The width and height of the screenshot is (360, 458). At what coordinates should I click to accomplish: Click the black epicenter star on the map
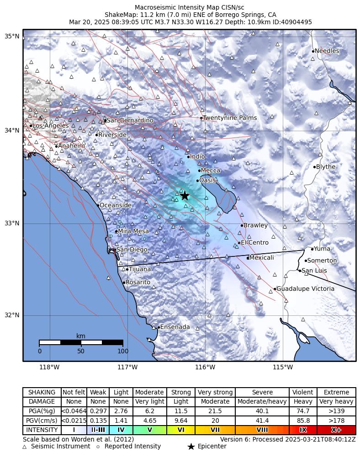[x=184, y=196]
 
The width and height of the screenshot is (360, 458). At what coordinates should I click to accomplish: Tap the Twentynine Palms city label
[x=229, y=118]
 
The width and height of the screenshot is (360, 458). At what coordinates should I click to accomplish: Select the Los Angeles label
[x=50, y=126]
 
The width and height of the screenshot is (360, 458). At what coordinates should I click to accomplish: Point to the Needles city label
[x=327, y=51]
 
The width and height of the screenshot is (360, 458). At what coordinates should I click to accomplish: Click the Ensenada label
[x=175, y=327]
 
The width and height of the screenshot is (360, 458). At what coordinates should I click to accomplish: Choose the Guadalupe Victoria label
[x=305, y=289]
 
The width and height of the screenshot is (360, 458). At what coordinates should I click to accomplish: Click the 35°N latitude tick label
[x=12, y=37]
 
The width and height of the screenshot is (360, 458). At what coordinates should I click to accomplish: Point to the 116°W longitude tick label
[x=205, y=367]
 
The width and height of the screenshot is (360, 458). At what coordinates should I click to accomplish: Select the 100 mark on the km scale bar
[x=123, y=351]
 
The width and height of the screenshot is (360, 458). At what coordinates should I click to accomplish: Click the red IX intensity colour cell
[x=303, y=430]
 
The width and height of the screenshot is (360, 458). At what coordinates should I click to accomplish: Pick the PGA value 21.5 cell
[x=215, y=411]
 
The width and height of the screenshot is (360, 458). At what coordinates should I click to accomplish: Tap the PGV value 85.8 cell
[x=303, y=421]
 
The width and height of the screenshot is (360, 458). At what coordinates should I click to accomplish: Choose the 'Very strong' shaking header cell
[x=215, y=393]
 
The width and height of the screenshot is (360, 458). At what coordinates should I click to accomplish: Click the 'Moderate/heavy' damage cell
[x=262, y=402]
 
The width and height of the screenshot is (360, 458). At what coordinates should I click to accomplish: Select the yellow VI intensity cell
[x=181, y=430]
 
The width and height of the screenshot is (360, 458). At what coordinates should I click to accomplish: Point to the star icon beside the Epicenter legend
[x=191, y=447]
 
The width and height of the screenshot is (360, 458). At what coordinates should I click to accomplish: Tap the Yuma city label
[x=322, y=249]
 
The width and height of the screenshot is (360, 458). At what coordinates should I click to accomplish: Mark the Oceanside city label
[x=115, y=206]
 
